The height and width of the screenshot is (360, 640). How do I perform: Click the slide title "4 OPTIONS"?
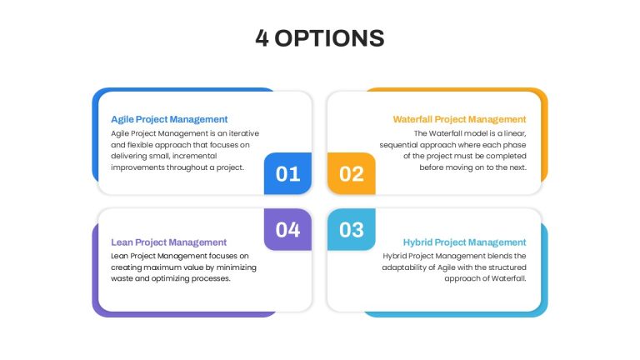coord(320,38)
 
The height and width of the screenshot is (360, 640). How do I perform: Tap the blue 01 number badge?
coord(287,173)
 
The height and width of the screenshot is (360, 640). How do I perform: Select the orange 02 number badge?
coord(352,173)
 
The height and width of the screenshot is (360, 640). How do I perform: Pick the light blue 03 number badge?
coord(352,229)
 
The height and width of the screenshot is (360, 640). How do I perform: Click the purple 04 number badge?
coord(287,229)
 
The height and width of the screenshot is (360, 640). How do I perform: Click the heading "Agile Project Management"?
coord(169,119)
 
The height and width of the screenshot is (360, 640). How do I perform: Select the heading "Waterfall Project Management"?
coord(460,119)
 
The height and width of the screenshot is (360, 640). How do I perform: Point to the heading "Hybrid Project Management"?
coord(464,242)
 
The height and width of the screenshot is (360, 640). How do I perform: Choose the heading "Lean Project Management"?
coord(168,242)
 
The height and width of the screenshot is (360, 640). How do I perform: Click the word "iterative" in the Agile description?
coord(243,133)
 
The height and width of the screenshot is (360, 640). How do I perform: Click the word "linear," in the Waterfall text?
coord(515,133)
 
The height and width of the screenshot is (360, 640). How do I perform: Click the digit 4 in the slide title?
coord(262,38)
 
